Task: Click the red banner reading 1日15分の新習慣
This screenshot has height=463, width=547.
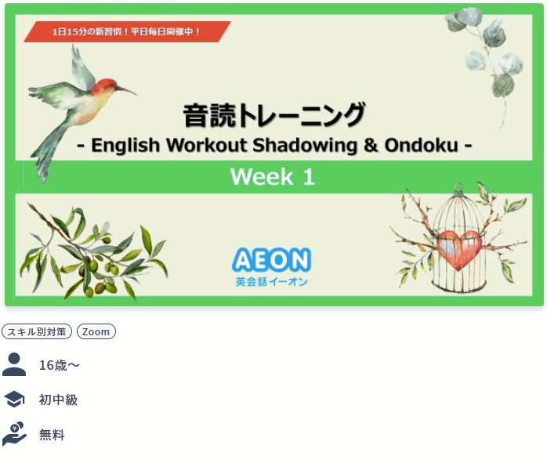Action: tap(127, 31)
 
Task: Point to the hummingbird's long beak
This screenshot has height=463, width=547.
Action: tap(127, 90)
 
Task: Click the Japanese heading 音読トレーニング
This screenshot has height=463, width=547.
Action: tap(274, 114)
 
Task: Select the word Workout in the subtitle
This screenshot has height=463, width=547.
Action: tap(207, 145)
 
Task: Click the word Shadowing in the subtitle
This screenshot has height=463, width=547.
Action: tap(305, 146)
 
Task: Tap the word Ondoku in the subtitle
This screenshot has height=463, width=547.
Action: tap(421, 145)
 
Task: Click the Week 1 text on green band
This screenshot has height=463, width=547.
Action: tap(273, 176)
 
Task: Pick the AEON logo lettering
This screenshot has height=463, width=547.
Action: tap(271, 260)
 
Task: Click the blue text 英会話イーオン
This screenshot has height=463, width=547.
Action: tap(271, 282)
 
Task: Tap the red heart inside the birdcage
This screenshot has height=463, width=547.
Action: tap(458, 249)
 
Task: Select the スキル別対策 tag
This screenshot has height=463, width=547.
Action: tap(37, 331)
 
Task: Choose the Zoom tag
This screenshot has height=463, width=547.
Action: tap(96, 331)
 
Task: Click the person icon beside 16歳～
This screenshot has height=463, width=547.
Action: tap(14, 364)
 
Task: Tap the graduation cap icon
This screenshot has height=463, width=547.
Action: tap(14, 400)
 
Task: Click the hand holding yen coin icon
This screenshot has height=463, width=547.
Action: tap(14, 434)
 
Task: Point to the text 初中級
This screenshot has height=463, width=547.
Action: tap(58, 400)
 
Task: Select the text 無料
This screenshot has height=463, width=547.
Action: tap(52, 435)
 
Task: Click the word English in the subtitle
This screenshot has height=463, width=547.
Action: tap(125, 146)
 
